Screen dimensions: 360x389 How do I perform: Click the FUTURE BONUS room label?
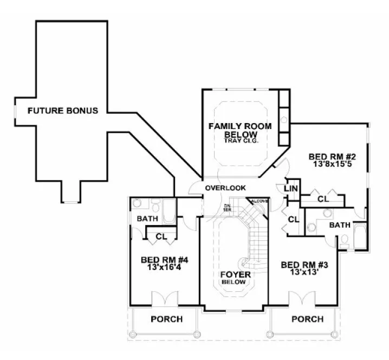click(x=63, y=111)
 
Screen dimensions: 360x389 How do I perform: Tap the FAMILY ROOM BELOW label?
click(x=240, y=130)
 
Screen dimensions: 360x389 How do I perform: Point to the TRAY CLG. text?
click(x=241, y=140)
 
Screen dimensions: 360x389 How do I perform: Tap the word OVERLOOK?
click(x=225, y=188)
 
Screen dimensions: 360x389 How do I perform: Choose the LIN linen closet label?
click(x=290, y=188)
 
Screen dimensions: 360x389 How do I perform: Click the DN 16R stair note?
click(x=228, y=207)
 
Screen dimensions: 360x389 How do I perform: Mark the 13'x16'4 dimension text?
click(x=164, y=267)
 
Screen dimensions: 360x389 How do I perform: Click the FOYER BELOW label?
click(x=235, y=278)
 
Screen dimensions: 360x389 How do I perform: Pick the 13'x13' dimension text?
click(x=305, y=273)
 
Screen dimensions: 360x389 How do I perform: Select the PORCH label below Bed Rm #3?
click(x=307, y=319)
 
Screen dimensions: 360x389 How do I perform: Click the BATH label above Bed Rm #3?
click(x=340, y=224)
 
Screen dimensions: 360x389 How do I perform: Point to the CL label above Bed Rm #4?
click(x=161, y=236)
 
